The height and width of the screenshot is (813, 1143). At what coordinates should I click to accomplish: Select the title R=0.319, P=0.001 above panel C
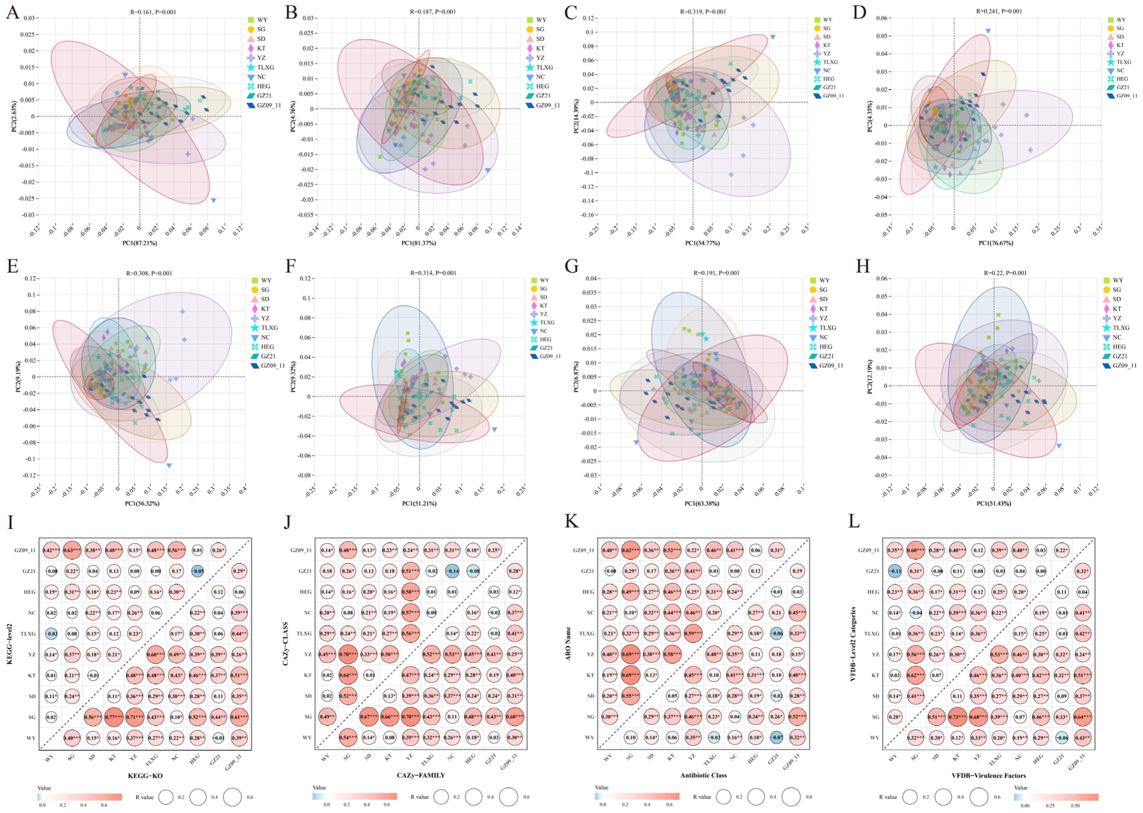point(703,12)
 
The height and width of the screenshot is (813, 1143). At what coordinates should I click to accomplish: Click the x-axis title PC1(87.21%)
point(139,243)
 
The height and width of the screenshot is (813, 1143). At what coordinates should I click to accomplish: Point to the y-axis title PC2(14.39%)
point(576,116)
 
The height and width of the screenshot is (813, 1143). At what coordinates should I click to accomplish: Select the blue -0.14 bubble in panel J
point(454,571)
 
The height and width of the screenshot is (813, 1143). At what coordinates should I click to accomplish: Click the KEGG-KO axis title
point(145,775)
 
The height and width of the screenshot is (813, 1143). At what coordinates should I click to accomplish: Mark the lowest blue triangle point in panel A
point(213,200)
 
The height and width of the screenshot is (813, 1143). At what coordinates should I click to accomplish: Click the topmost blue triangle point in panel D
point(988,31)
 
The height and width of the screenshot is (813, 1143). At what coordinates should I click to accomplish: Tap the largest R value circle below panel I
point(233,797)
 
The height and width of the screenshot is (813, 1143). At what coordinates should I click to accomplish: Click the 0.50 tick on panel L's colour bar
point(1075,805)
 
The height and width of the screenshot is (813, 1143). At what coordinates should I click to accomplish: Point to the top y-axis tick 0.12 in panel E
point(31,278)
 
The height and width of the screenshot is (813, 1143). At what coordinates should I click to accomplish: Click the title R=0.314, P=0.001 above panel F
point(433,273)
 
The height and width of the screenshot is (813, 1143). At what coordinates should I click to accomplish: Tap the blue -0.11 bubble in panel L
point(894,571)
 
